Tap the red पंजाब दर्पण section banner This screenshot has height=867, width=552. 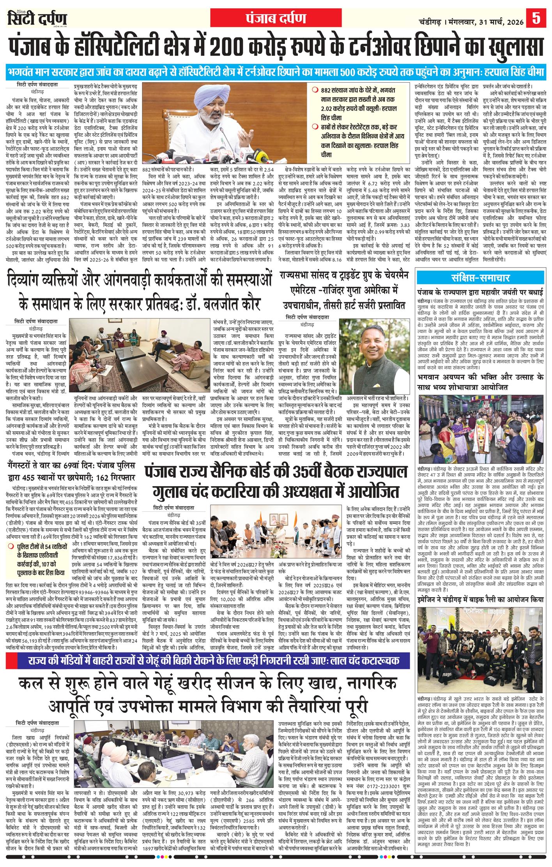pyautogui.click(x=275, y=18)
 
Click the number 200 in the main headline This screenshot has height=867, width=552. pyautogui.click(x=257, y=47)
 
